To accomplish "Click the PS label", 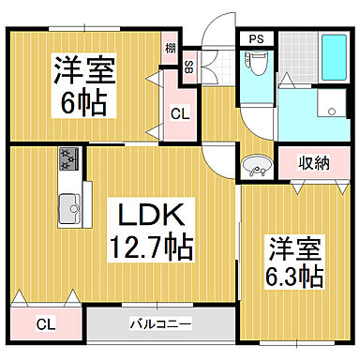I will pyautogui.click(x=256, y=39).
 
